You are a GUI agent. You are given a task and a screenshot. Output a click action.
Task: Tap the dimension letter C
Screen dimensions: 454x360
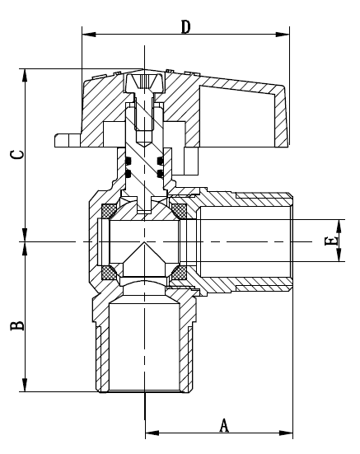16,153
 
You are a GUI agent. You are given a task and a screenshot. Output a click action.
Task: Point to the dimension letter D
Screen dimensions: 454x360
186,26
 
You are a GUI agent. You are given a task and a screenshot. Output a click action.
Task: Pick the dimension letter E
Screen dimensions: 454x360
330,241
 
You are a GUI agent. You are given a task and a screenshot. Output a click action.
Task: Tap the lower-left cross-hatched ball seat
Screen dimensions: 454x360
108,272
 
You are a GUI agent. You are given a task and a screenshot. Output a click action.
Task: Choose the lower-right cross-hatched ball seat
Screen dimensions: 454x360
178,272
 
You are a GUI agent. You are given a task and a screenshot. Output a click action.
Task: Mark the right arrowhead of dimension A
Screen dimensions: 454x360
288,431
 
